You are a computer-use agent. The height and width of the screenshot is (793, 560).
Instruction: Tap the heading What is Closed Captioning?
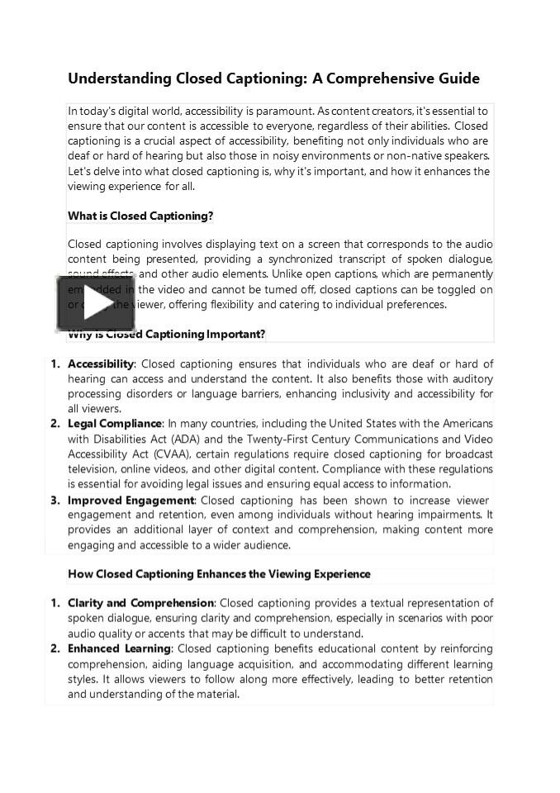click(140, 216)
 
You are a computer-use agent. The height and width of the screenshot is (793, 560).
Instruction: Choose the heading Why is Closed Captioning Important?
click(167, 335)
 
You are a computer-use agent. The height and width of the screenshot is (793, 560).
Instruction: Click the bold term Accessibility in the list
click(101, 364)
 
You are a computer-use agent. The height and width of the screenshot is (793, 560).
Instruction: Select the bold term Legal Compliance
click(115, 425)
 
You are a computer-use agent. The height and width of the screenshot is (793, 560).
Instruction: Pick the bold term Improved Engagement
click(131, 501)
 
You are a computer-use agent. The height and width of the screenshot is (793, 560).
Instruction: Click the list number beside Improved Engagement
click(55, 501)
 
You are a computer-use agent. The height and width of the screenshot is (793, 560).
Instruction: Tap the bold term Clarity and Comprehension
click(140, 604)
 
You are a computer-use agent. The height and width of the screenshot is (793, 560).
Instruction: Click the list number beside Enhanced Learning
click(55, 649)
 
